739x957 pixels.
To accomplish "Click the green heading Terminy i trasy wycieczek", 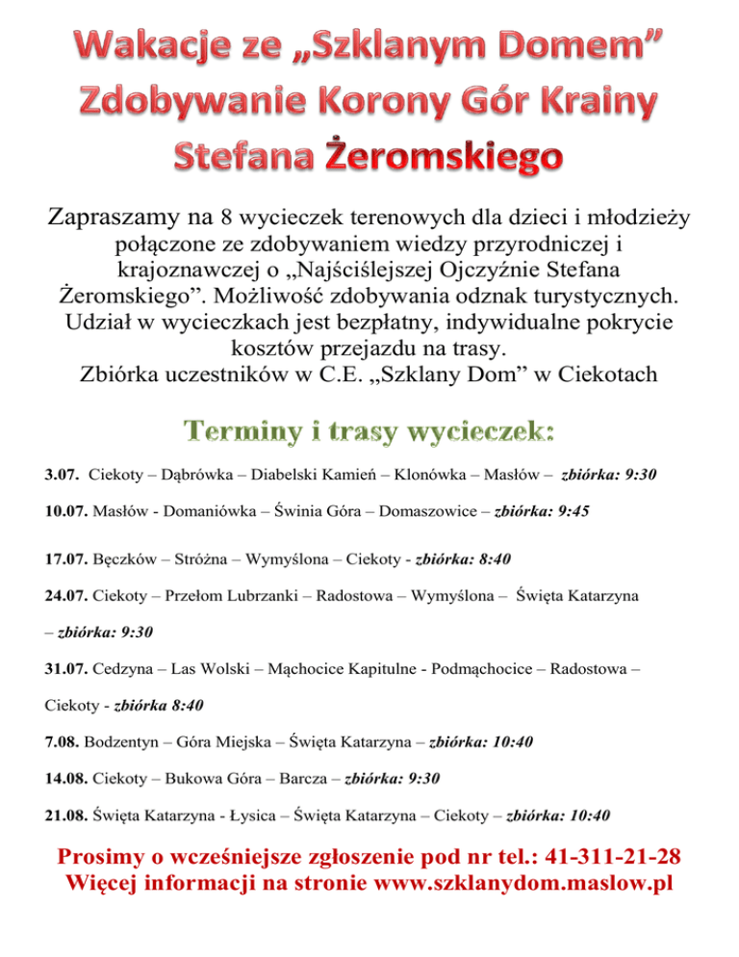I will pos(369,429).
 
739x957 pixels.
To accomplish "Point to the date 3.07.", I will pos(62,475).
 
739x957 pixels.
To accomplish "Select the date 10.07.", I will pos(66,512).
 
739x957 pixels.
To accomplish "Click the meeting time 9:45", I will pos(568,512).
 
